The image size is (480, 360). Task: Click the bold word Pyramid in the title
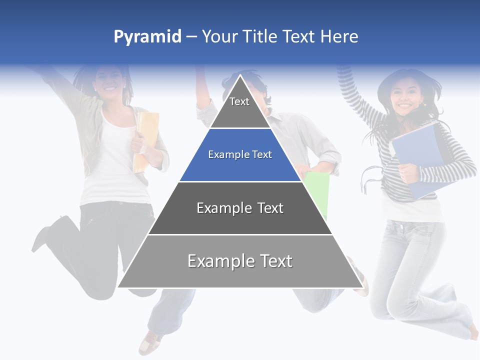[147, 36]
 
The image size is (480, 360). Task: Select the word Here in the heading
[339, 36]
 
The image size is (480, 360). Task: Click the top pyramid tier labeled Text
[239, 107]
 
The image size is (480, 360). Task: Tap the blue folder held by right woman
[417, 155]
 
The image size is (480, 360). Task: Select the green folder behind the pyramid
[318, 192]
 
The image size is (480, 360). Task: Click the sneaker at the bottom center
[150, 342]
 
